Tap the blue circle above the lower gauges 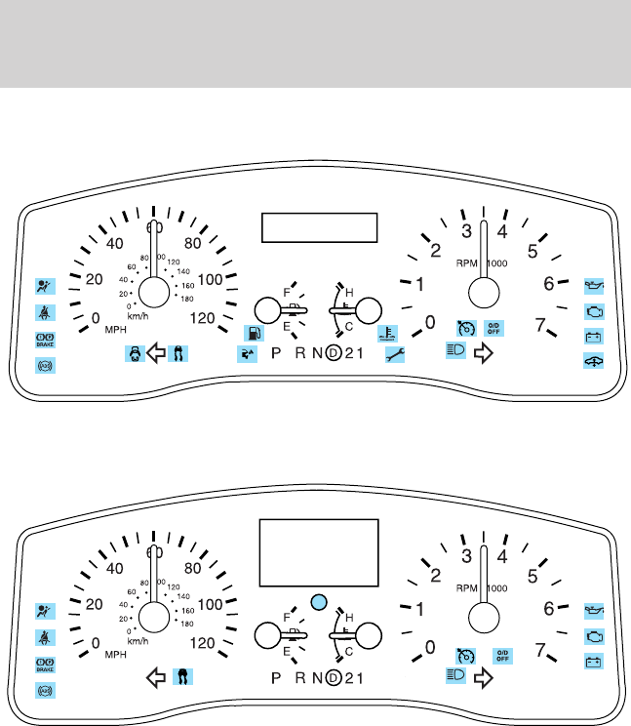pyautogui.click(x=317, y=602)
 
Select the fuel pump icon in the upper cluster pyautogui.click(x=253, y=334)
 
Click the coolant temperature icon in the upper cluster pyautogui.click(x=386, y=334)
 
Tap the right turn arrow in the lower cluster pyautogui.click(x=481, y=674)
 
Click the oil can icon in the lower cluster pyautogui.click(x=592, y=610)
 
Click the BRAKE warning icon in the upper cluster pyautogui.click(x=45, y=340)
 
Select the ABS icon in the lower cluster pyautogui.click(x=45, y=690)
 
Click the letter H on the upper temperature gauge pyautogui.click(x=349, y=291)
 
